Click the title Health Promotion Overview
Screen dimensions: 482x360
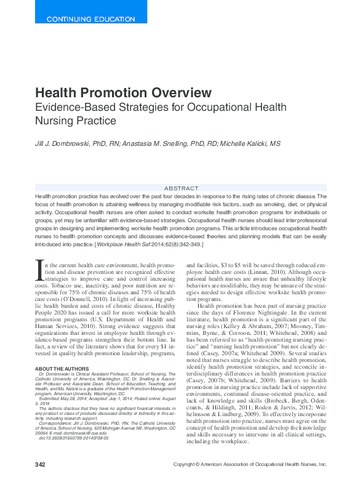pyautogui.click(x=123, y=93)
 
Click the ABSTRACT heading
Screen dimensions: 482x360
pyautogui.click(x=182, y=188)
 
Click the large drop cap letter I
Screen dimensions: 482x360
pyautogui.click(x=40, y=269)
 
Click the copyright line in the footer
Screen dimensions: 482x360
pyautogui.click(x=249, y=464)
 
